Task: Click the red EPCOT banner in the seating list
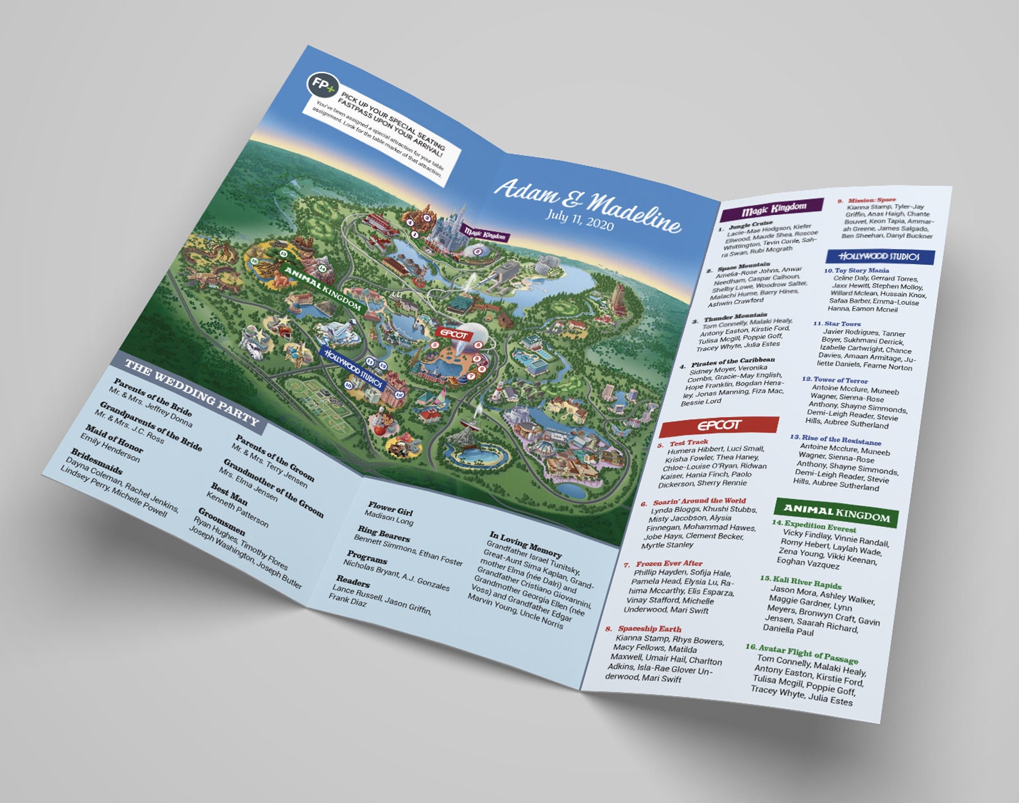click(719, 425)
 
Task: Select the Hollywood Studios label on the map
click(353, 369)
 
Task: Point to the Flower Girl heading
click(390, 508)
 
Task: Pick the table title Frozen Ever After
click(669, 564)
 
